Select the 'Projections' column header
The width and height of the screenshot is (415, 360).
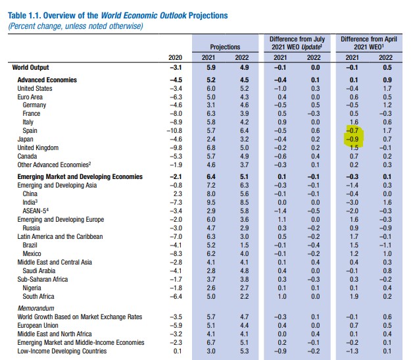tap(225, 47)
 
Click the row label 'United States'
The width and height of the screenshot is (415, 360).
tap(34, 88)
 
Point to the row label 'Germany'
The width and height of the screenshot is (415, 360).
tap(34, 105)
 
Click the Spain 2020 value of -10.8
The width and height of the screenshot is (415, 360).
tap(173, 130)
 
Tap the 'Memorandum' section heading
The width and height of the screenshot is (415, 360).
tap(36, 307)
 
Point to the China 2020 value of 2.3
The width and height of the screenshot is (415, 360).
tap(177, 193)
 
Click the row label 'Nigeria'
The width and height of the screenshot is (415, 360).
tap(33, 287)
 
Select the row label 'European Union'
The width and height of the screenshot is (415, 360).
tap(37, 325)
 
